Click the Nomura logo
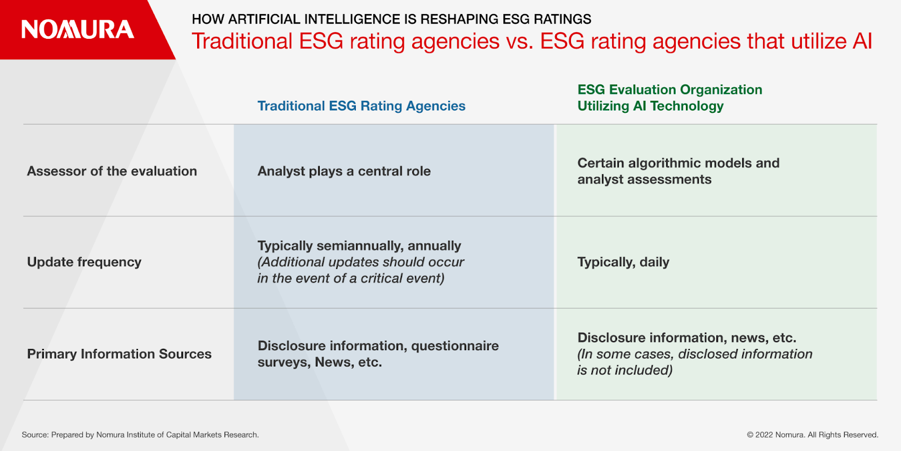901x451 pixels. (x=77, y=29)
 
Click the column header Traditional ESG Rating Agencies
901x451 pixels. (x=361, y=106)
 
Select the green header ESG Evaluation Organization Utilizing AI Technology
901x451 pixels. (x=670, y=98)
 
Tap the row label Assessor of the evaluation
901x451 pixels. (x=112, y=171)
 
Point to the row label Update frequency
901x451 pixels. (x=84, y=262)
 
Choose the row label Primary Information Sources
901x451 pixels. (x=119, y=354)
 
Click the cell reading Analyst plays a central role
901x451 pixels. (x=344, y=171)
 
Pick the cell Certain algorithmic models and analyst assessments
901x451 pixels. (x=678, y=171)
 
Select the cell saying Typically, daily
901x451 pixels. (x=623, y=262)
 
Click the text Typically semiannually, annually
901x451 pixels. (x=359, y=246)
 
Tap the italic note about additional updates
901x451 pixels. (x=361, y=270)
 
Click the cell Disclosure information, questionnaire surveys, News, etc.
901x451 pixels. (x=378, y=354)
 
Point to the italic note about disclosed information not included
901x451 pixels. (x=695, y=362)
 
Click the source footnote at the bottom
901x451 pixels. (x=140, y=435)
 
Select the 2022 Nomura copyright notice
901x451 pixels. (x=813, y=435)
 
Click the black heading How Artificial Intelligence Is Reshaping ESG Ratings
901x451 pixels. (x=391, y=19)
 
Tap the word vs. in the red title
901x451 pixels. (x=519, y=41)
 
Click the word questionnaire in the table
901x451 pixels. (x=455, y=346)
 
